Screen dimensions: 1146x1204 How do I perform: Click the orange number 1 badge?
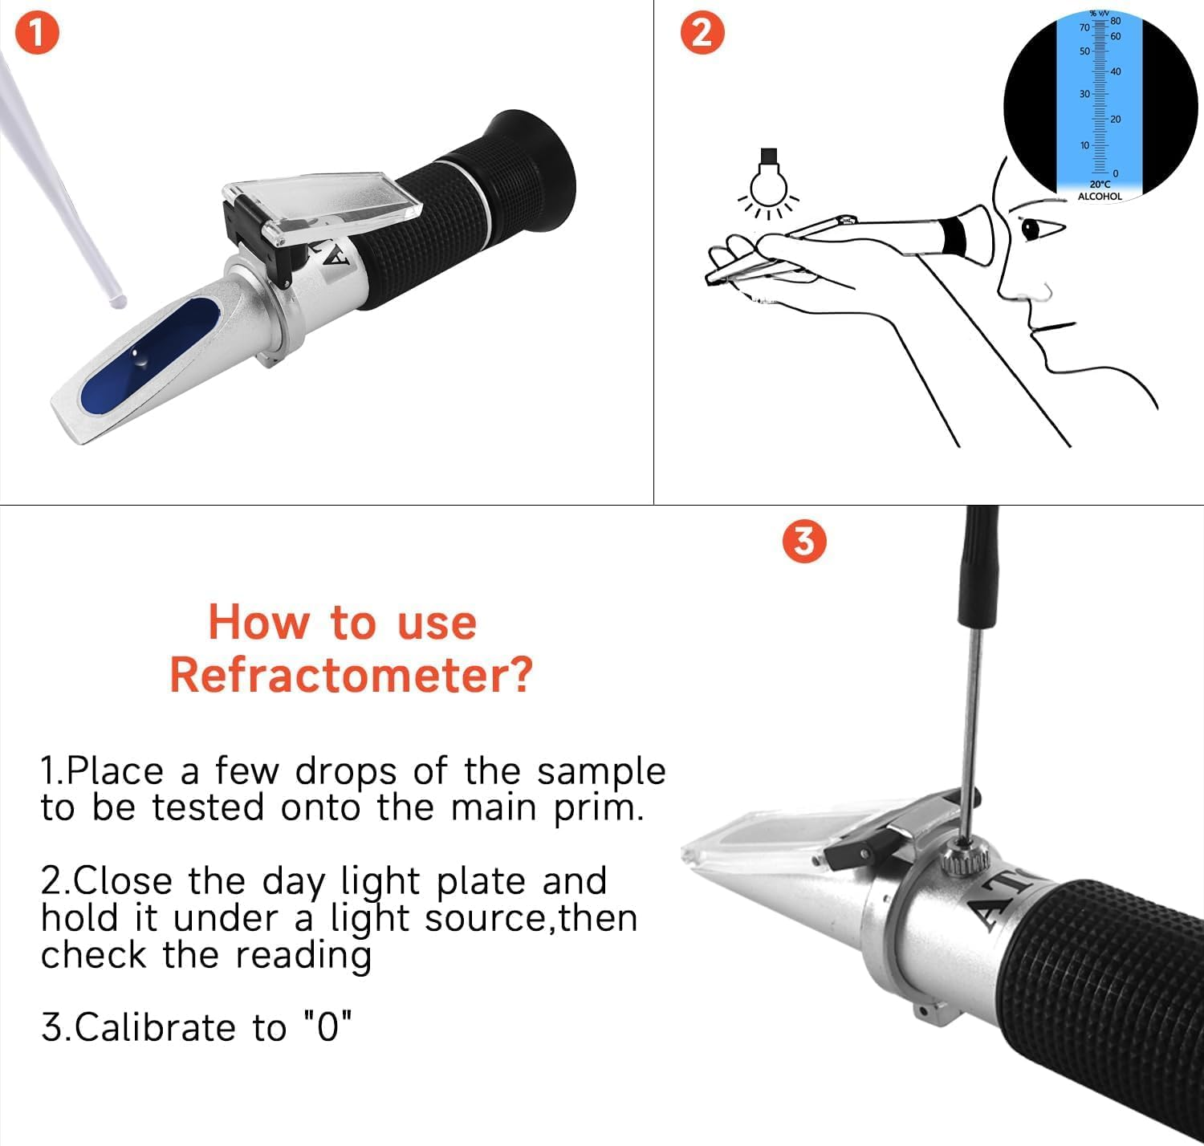37,36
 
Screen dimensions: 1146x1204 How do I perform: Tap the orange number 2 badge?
702,35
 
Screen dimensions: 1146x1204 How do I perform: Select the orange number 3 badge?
803,541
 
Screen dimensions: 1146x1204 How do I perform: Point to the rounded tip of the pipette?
117,301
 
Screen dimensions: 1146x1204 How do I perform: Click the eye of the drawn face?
1030,230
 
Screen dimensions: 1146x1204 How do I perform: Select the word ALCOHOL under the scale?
1099,197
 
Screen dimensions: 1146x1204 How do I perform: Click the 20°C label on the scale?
1099,185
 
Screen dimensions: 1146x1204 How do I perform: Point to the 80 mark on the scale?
1115,21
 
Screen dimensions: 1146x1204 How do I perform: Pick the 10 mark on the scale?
1084,145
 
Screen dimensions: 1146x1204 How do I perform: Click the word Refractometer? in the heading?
351,674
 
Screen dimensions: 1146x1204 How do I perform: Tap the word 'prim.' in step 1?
599,807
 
